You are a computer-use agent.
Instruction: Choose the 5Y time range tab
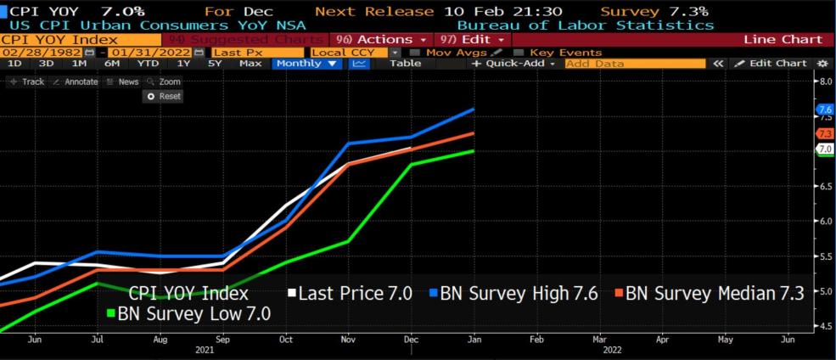[x=215, y=64]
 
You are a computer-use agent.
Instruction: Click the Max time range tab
[x=250, y=64]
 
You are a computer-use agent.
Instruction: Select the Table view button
[x=405, y=64]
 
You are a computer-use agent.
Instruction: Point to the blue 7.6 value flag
[x=824, y=110]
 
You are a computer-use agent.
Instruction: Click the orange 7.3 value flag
[x=824, y=134]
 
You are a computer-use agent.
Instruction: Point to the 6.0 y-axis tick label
[x=823, y=221]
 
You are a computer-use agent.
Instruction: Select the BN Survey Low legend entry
[x=194, y=313]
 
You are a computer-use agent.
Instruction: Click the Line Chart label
[x=783, y=40]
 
